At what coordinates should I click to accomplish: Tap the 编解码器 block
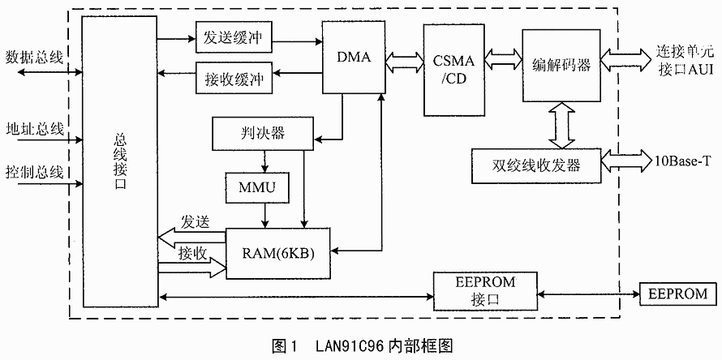(561, 66)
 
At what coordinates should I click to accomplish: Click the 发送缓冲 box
(234, 39)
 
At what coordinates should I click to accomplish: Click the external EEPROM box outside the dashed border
(679, 293)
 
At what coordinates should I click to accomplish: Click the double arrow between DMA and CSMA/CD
(403, 58)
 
